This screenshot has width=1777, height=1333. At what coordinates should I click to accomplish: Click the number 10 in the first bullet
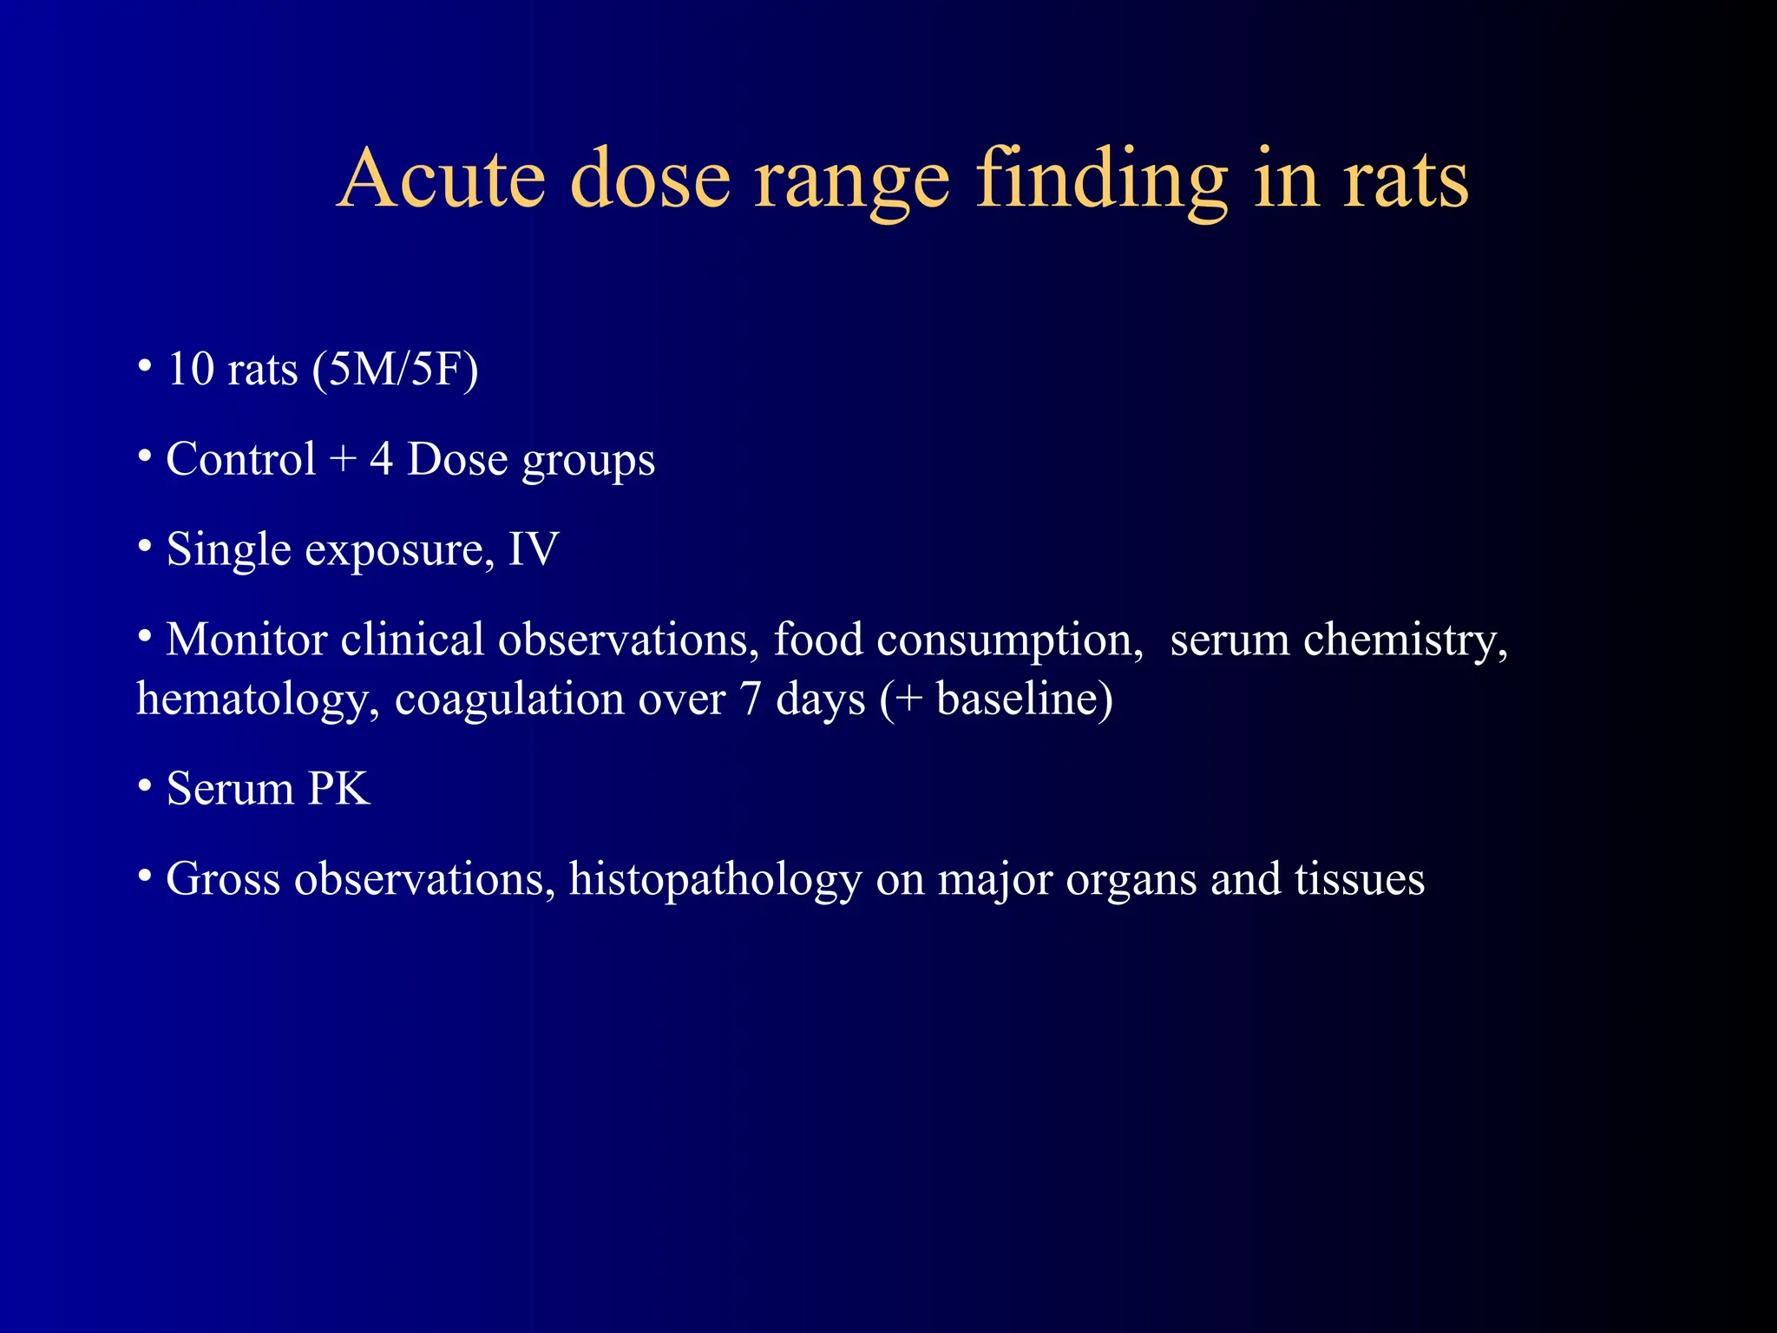(x=191, y=369)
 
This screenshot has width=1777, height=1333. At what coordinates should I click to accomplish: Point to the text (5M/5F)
(x=395, y=371)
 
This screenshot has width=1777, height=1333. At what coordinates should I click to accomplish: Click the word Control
(x=241, y=459)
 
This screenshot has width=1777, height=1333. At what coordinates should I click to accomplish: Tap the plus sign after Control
(x=344, y=460)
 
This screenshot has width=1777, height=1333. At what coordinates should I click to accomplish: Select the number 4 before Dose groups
(x=381, y=459)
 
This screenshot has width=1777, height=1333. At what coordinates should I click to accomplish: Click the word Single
(x=228, y=550)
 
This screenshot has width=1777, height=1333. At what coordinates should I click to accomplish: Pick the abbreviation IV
(x=533, y=549)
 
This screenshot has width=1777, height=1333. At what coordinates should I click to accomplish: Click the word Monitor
(x=246, y=640)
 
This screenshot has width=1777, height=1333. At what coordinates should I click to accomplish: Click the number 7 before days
(x=751, y=699)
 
